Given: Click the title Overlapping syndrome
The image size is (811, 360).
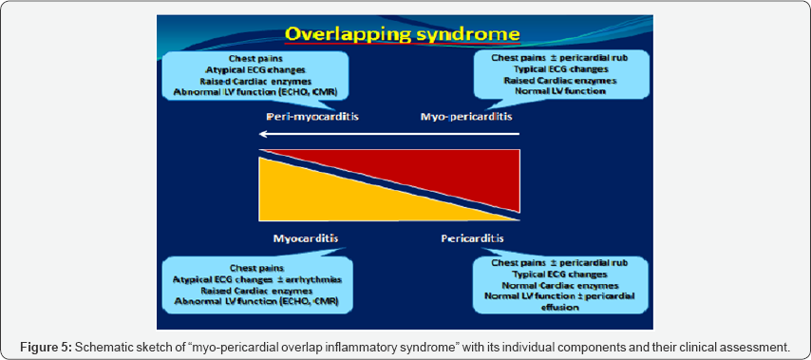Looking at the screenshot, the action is click(402, 34).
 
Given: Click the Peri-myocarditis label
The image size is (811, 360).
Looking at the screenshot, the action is click(313, 117).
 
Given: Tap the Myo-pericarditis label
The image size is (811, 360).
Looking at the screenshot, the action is click(466, 117).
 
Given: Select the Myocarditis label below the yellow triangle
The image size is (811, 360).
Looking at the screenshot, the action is click(306, 239).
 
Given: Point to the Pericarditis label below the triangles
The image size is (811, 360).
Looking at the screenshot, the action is click(473, 239).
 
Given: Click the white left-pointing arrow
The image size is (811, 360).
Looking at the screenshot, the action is click(389, 134).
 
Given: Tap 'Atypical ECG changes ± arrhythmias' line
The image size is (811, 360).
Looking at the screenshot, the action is click(257, 280).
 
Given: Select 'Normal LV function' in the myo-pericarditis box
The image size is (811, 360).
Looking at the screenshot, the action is click(560, 91).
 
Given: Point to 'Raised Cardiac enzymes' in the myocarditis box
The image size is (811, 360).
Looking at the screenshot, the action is click(257, 291).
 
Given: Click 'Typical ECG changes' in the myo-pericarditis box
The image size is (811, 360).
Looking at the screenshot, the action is click(560, 68).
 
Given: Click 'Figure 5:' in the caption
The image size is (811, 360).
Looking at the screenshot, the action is click(47, 348).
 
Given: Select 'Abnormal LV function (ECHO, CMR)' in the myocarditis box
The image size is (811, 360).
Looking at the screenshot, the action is click(257, 301).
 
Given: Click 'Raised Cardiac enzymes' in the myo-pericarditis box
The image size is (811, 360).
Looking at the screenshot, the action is click(560, 80).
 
